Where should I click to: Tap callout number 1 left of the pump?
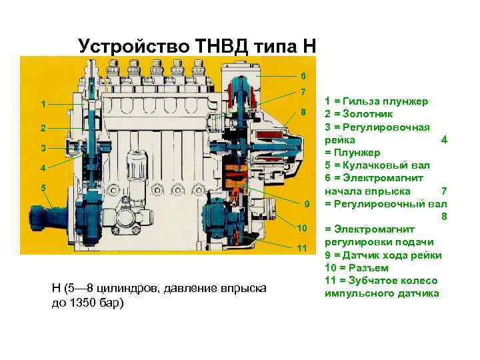(43, 105)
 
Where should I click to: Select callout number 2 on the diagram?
(43, 127)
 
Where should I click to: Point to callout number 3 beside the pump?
(43, 147)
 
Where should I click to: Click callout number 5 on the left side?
(43, 188)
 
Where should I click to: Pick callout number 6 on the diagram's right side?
(303, 75)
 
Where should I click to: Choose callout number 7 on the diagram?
(303, 92)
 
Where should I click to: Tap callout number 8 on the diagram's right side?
(303, 112)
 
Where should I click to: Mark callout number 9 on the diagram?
(307, 203)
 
